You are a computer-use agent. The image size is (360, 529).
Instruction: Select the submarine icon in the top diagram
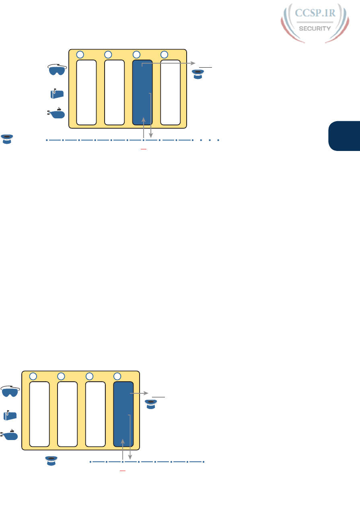click(56, 114)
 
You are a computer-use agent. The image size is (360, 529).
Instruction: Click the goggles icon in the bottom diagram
click(10, 392)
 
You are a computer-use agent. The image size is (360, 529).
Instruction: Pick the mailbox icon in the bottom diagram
click(10, 415)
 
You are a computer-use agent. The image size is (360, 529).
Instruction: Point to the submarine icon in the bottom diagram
click(10, 435)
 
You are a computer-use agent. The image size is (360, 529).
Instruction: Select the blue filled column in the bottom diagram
click(123, 414)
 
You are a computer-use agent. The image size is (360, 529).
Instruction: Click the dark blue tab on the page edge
click(344, 137)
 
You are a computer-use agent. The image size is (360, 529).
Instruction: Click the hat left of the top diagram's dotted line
click(7, 138)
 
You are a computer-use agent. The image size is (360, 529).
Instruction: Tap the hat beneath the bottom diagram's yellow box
click(51, 461)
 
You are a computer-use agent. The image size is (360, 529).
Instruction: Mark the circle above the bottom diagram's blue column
click(117, 376)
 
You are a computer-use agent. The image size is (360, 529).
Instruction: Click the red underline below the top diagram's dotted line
click(143, 149)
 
